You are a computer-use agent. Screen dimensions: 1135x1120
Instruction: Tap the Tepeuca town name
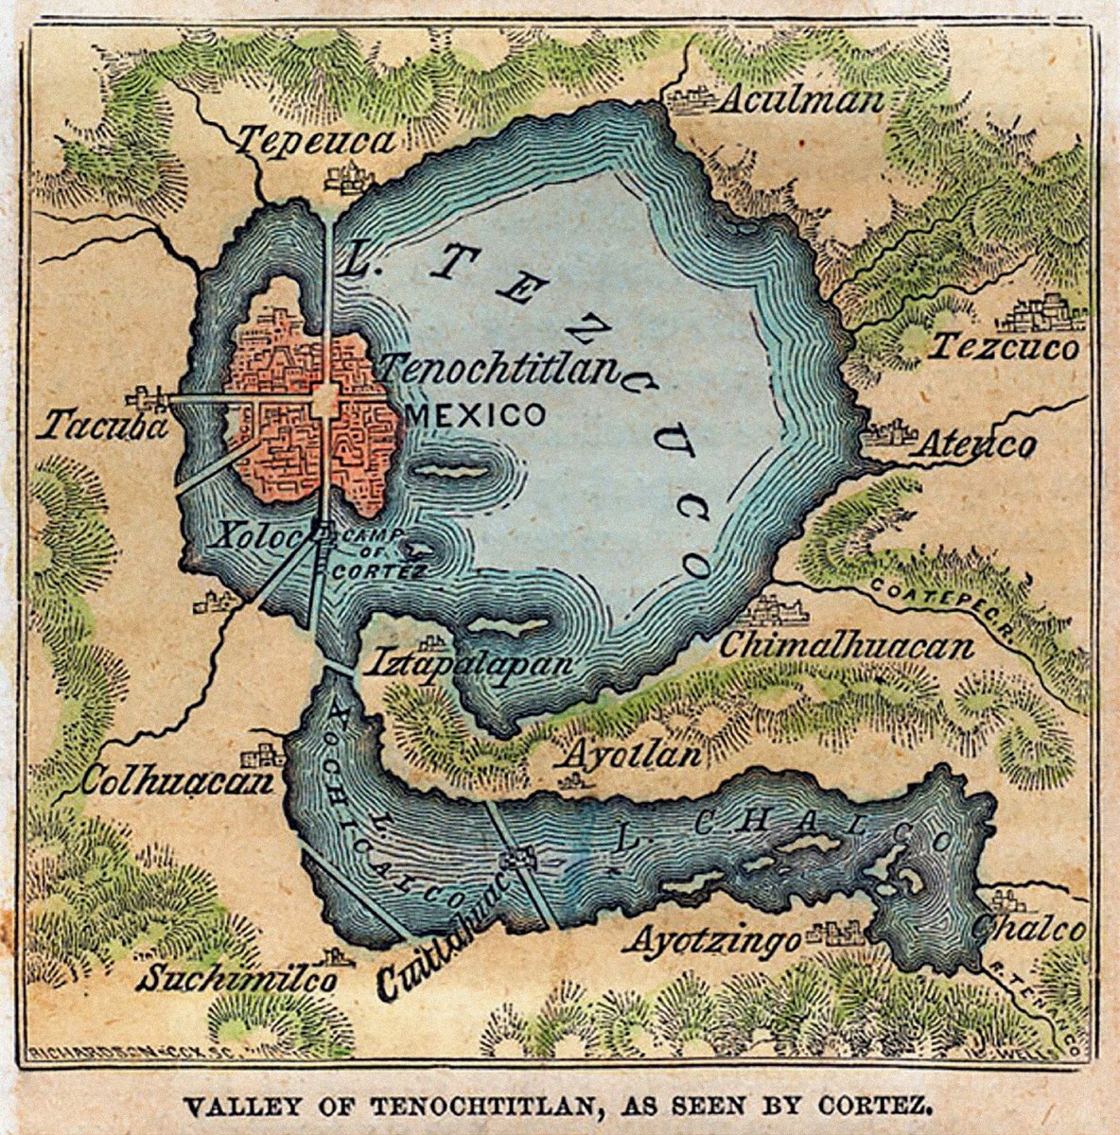315,142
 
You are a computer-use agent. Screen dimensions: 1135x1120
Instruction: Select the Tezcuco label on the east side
1004,347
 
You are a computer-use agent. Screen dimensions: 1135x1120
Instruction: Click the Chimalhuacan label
847,646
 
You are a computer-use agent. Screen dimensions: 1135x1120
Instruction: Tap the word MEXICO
475,413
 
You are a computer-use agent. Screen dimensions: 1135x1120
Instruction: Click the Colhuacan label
177,781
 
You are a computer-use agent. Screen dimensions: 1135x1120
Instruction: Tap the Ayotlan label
633,755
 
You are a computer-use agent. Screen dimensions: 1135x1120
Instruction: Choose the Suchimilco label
236,978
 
